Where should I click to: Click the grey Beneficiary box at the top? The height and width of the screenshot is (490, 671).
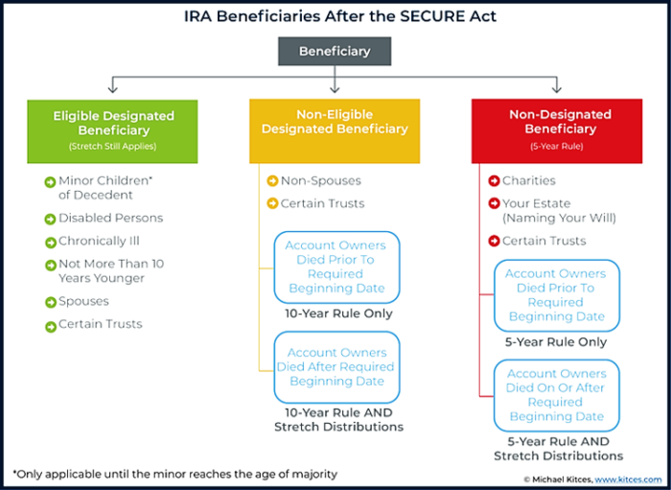point(335,52)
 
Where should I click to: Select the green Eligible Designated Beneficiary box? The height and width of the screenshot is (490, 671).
point(112,131)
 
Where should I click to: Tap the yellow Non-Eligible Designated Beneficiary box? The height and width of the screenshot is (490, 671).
point(335,131)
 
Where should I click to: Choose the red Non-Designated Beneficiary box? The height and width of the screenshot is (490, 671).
point(557,131)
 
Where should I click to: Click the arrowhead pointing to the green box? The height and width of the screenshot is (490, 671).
point(112,88)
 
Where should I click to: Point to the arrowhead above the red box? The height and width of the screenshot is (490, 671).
point(557,88)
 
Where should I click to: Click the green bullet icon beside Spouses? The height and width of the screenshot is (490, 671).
point(51,302)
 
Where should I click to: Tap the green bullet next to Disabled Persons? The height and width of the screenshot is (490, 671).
point(51,219)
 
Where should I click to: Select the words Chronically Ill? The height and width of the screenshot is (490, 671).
point(99,241)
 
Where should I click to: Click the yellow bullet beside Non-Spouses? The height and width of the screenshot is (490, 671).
point(272,181)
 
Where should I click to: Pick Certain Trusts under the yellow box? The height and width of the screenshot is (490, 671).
point(323,203)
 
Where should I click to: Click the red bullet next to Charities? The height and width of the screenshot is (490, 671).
point(495,181)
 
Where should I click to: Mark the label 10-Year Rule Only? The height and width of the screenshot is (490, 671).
point(338,314)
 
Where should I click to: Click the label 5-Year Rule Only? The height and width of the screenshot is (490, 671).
point(556,342)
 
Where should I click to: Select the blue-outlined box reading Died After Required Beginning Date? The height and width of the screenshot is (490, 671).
point(336,367)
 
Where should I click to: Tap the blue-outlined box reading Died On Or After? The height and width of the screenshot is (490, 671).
point(557,395)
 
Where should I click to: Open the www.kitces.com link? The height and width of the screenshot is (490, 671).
point(628,479)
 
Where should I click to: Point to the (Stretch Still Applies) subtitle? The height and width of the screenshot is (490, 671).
point(112,147)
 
